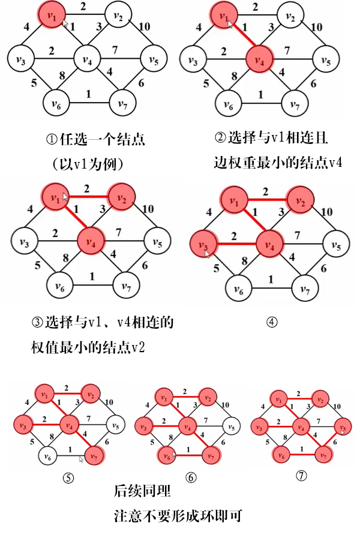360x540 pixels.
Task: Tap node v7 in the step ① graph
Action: tap(123, 105)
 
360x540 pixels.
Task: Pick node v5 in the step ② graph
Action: tap(325, 61)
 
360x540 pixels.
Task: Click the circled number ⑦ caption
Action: tap(301, 476)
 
